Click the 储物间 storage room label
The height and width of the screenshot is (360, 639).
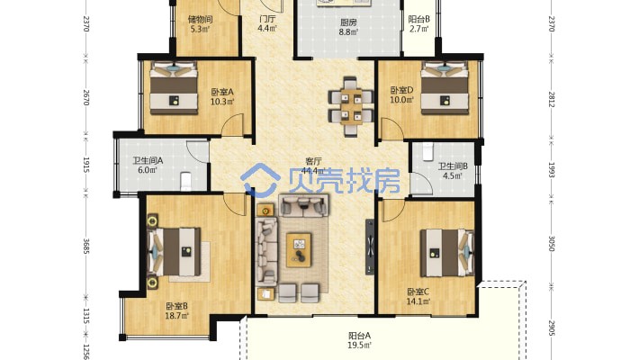[x=200, y=19]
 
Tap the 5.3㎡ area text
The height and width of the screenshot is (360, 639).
[x=200, y=29]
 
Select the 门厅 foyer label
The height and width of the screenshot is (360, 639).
[x=267, y=19]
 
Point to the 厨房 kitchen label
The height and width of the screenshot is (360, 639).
[x=348, y=22]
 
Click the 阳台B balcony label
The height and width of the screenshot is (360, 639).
[x=419, y=19]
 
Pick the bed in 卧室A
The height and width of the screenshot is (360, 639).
[x=174, y=87]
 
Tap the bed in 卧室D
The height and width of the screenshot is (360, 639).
[x=445, y=87]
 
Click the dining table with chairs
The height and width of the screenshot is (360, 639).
[x=351, y=107]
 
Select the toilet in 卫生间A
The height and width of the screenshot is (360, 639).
[x=185, y=182]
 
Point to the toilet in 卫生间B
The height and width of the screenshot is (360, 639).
[x=427, y=151]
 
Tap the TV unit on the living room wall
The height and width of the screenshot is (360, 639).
[x=370, y=247]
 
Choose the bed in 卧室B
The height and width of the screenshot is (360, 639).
[x=174, y=252]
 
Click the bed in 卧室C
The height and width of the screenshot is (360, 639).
[x=447, y=253]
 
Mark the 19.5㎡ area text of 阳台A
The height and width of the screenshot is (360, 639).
[x=360, y=346]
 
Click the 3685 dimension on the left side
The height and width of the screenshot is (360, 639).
[x=86, y=247]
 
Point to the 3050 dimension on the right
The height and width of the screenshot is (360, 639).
[x=552, y=243]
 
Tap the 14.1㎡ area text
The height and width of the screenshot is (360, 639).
[x=418, y=301]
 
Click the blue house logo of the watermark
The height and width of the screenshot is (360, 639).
[x=260, y=180]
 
